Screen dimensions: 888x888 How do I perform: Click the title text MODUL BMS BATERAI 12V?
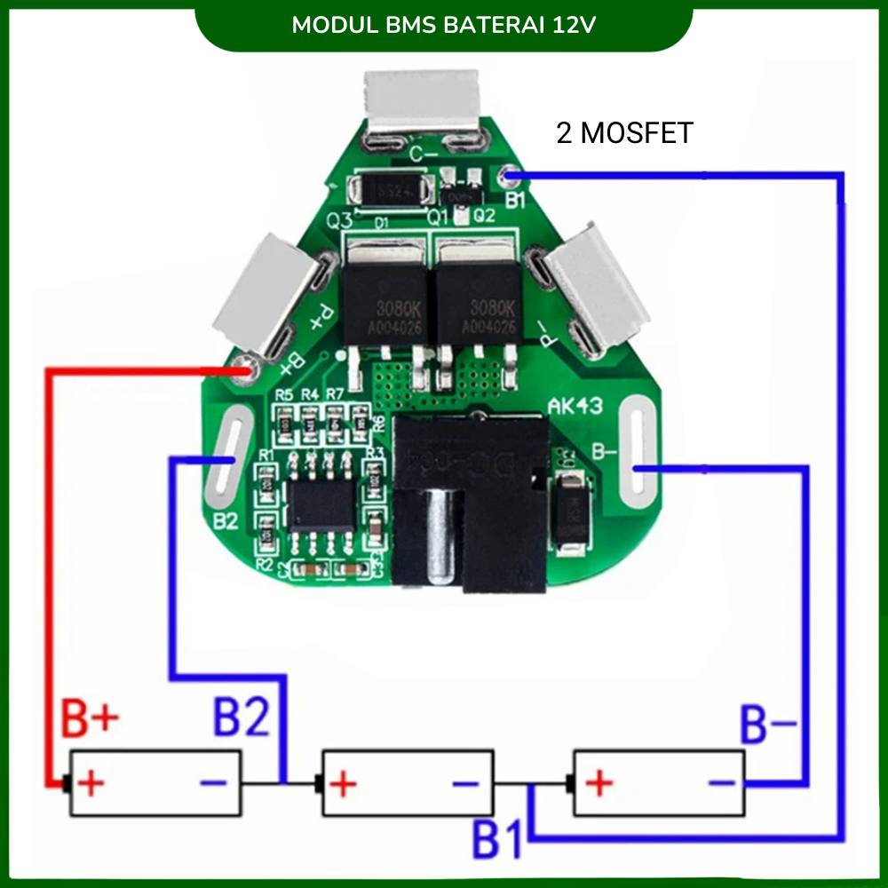coord(444,24)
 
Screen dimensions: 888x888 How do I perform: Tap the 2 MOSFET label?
coord(624,133)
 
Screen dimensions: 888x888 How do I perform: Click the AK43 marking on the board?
coord(575,407)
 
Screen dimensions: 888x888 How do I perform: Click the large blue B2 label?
coord(242,718)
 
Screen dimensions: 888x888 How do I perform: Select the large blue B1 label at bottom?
coord(498,837)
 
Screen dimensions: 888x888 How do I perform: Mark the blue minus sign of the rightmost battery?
coord(721,782)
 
